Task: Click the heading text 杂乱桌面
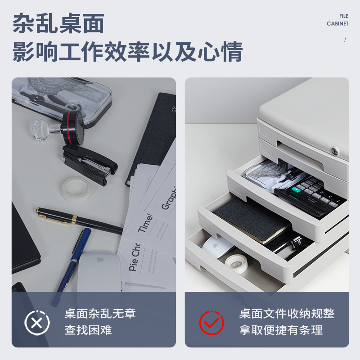(58, 23)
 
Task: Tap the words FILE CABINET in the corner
(337, 20)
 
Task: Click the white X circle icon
(37, 322)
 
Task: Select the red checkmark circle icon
(211, 322)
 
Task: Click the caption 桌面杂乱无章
(100, 314)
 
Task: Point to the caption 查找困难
(88, 330)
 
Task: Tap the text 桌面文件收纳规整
(287, 314)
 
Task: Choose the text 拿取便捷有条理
(281, 330)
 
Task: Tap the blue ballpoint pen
(72, 265)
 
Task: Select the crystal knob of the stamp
(44, 129)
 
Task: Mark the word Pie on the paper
(133, 262)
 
